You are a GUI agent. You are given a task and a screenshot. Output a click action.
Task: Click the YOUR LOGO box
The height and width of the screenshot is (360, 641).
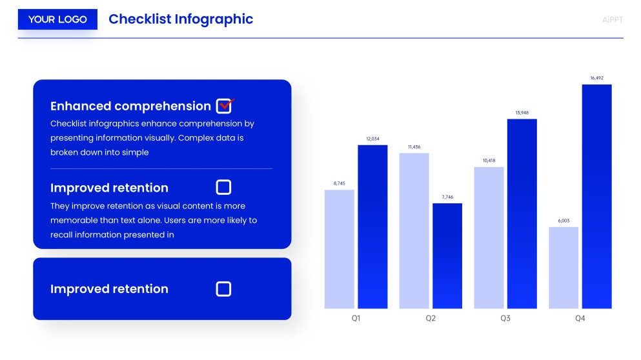click(57, 19)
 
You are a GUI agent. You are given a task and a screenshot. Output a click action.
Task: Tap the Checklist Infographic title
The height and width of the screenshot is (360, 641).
click(181, 19)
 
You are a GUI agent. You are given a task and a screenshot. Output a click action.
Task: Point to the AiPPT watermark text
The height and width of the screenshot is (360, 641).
click(612, 19)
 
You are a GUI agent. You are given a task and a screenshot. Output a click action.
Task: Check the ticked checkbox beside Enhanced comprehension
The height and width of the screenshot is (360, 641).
click(224, 106)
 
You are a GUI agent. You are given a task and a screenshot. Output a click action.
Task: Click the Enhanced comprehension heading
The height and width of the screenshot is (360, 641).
click(130, 106)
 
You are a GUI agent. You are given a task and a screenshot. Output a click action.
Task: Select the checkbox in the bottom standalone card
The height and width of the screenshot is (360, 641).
click(223, 288)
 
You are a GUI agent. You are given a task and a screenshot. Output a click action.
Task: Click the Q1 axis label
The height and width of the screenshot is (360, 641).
click(356, 319)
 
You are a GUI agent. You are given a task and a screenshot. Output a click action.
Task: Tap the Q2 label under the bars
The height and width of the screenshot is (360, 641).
click(431, 319)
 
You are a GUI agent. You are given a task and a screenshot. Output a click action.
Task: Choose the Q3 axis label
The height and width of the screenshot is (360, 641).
click(505, 319)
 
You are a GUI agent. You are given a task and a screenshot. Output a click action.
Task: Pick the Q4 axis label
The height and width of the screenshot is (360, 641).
click(580, 319)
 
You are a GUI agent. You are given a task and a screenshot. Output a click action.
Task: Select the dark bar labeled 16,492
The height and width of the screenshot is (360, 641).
click(596, 196)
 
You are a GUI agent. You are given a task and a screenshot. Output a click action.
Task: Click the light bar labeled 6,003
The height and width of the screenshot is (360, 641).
click(564, 268)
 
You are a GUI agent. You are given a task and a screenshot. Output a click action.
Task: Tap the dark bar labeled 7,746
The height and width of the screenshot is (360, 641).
click(447, 255)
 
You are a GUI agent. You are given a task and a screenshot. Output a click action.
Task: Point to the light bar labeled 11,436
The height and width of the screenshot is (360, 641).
click(414, 230)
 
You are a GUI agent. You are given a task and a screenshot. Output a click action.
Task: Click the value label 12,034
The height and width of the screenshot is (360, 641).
click(372, 139)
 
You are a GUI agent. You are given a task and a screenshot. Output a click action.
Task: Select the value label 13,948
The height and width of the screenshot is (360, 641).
click(522, 113)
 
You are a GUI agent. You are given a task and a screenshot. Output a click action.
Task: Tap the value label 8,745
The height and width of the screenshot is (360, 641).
click(339, 184)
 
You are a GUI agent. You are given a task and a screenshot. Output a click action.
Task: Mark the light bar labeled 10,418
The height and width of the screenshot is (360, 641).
click(489, 237)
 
